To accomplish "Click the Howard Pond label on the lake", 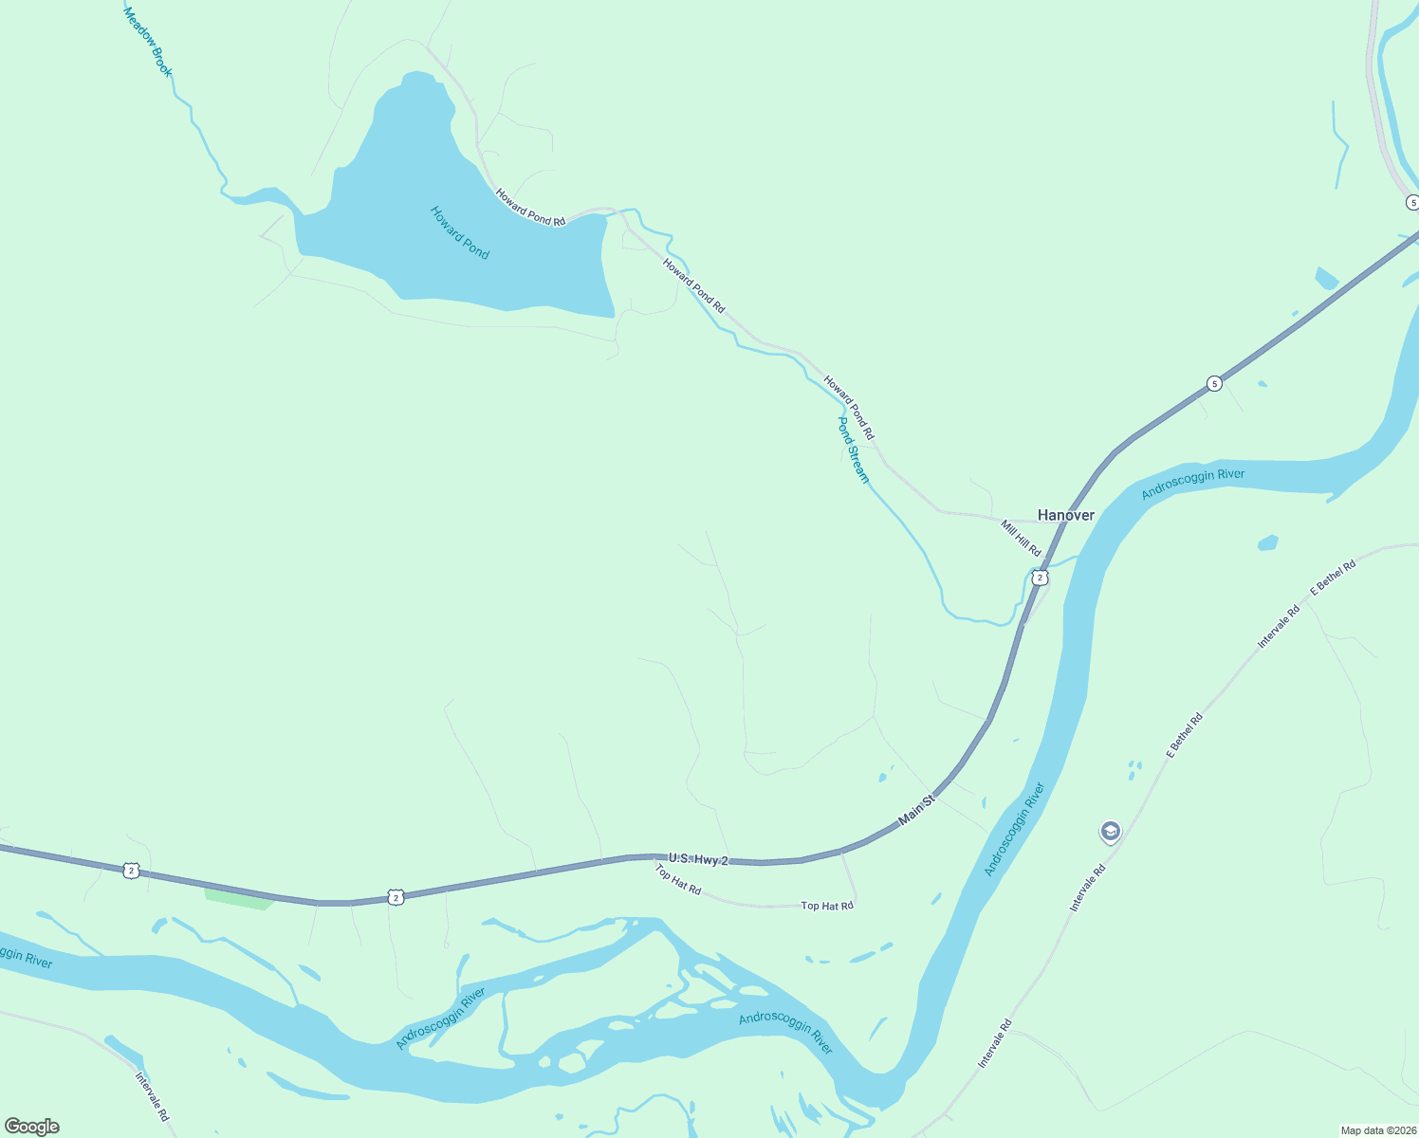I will (460, 232).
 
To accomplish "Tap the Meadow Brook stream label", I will (149, 42).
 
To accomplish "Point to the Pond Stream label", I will (853, 450).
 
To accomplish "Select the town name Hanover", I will (1065, 515).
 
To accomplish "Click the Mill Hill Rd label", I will (1021, 538).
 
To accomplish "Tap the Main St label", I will (916, 810).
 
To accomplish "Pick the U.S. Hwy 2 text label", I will (698, 859).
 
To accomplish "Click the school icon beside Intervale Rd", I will (1110, 832).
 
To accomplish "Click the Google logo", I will (32, 1127).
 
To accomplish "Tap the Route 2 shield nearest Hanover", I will (1040, 578).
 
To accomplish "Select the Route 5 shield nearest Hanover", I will (1214, 383).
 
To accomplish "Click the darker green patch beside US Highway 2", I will (237, 898).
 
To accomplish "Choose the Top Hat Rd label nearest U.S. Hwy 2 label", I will (677, 879).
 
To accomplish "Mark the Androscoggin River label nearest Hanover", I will (1192, 483).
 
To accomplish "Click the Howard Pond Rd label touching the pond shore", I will (530, 208).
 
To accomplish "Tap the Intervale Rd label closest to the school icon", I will (1087, 888).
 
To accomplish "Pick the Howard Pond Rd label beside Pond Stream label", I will (848, 408).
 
